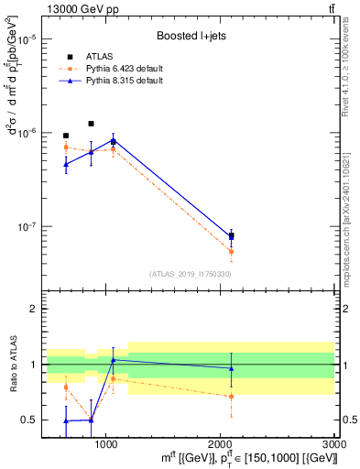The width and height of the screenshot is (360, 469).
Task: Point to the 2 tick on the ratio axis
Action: click(31, 309)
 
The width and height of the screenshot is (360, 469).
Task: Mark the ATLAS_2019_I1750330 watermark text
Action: click(190, 274)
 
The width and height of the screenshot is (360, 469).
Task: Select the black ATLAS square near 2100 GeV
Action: click(231, 236)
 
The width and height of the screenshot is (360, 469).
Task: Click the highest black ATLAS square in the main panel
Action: click(91, 124)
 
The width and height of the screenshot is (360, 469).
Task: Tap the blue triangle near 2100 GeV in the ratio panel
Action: click(231, 368)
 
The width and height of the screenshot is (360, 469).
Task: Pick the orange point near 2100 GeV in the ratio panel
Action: click(231, 397)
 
